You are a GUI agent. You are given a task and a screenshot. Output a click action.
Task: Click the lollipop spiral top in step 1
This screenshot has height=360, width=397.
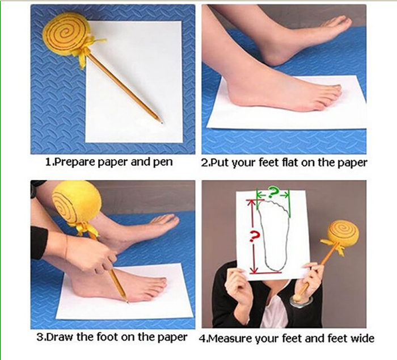(66, 32)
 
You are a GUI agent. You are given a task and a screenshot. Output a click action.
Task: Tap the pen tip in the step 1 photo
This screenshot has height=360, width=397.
(161, 122)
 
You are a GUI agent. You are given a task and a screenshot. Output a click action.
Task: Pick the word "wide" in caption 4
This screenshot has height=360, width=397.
(362, 338)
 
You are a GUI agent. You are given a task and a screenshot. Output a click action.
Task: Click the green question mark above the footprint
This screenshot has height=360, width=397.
(273, 193)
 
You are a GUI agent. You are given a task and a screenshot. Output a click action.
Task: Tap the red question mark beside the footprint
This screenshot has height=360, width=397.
(255, 236)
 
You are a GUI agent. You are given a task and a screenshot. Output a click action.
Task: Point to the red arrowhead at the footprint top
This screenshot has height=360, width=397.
(252, 203)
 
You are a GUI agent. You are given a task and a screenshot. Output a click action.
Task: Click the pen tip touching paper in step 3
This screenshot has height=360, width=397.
(127, 301)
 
